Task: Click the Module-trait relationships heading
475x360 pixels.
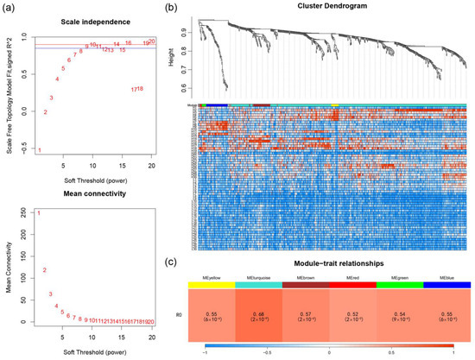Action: pyautogui.click(x=333, y=262)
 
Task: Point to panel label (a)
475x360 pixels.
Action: pyautogui.click(x=10, y=7)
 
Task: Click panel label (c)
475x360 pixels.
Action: pyautogui.click(x=197, y=261)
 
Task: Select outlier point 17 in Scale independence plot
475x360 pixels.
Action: pyautogui.click(x=134, y=90)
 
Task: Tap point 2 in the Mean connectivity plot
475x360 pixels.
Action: pyautogui.click(x=45, y=270)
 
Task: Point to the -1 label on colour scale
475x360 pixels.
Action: pyautogui.click(x=205, y=354)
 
